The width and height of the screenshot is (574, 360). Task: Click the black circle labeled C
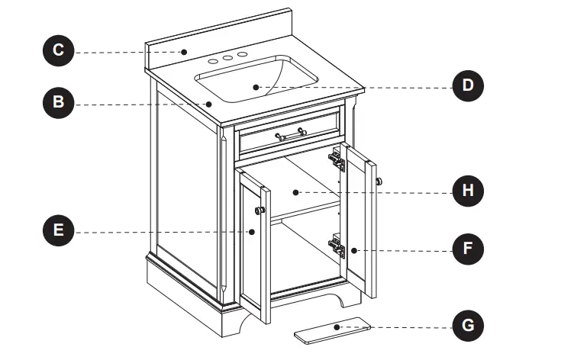[57, 51]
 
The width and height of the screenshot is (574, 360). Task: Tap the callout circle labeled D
[468, 85]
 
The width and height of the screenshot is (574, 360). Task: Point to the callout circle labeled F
[468, 249]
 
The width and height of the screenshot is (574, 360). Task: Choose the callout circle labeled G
[468, 327]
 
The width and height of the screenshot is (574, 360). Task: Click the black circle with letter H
[468, 191]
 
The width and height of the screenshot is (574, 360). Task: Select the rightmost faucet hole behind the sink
[243, 55]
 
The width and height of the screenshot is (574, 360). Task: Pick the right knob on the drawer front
[303, 132]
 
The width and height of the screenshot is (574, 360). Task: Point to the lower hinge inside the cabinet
[335, 245]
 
